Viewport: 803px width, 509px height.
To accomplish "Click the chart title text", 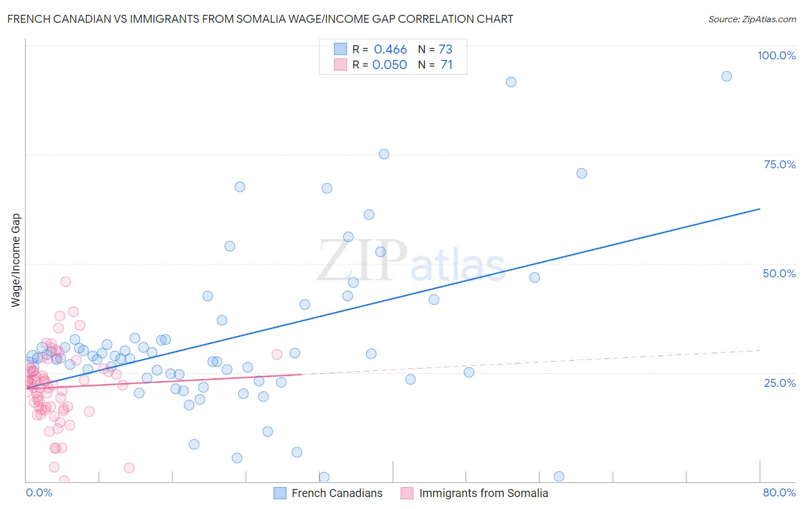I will [x=260, y=19].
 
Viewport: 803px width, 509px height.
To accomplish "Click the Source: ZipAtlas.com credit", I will [x=752, y=19].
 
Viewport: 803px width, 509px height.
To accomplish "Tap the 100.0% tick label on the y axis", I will [x=776, y=55].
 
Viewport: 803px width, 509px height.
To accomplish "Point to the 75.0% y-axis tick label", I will [x=780, y=164].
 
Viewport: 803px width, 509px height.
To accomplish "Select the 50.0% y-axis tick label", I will [x=779, y=273].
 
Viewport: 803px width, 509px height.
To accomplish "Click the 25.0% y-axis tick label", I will [x=780, y=382].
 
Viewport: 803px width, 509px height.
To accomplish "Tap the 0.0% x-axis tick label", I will [x=39, y=492].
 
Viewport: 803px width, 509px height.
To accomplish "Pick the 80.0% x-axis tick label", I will [x=779, y=492].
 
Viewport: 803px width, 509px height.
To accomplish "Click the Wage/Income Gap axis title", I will [x=16, y=260].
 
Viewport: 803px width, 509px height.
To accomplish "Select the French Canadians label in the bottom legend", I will [x=337, y=493].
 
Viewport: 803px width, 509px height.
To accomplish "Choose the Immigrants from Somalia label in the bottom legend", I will [x=483, y=493].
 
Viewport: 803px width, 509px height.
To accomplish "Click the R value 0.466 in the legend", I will [x=390, y=50].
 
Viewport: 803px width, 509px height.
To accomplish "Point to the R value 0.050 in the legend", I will [x=390, y=65].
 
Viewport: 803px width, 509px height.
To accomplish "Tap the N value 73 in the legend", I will [x=445, y=50].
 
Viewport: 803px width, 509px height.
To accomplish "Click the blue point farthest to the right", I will [x=726, y=76].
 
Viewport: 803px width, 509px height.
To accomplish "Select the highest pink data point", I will [x=66, y=281].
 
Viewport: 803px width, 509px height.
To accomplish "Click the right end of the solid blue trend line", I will [x=760, y=209].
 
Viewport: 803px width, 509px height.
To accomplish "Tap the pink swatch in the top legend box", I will [x=340, y=64].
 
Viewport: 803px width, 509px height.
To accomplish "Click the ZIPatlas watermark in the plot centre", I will [x=411, y=261].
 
